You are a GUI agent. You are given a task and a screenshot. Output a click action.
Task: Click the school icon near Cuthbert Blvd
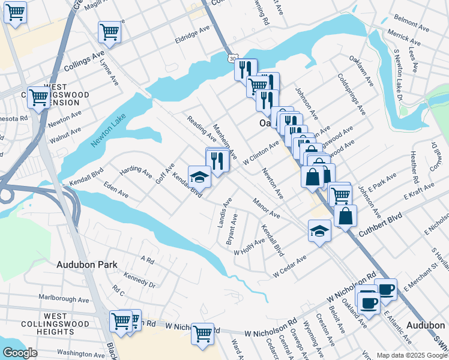320,230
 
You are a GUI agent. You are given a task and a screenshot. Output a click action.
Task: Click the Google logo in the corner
20,353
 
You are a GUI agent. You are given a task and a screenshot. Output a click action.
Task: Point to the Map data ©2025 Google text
412,355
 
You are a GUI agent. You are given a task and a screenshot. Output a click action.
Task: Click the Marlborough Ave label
64,298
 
